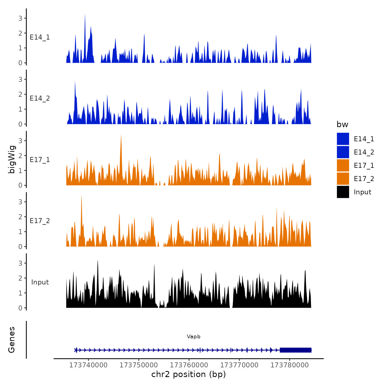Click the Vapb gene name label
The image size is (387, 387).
pos(193,336)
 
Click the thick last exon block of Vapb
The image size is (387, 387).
pos(296,350)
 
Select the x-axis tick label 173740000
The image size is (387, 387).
pos(88,365)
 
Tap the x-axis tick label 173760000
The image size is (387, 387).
pos(189,365)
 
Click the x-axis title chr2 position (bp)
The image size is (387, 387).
pos(189,374)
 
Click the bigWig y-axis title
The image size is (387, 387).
pos(12,159)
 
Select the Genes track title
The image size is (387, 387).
pos(12,340)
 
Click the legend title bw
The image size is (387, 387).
pos(342,124)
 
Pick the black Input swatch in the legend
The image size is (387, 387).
pos(343,192)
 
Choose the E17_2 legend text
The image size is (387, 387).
pos(364,179)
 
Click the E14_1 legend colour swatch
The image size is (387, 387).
pos(343,139)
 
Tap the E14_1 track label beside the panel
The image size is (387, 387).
pos(40,37)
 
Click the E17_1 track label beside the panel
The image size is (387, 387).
pos(40,160)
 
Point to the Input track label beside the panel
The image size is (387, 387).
pos(40,282)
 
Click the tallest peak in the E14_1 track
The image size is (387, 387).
pos(85,15)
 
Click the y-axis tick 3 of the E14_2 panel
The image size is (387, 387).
pos(20,80)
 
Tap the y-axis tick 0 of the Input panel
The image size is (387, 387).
pos(20,308)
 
